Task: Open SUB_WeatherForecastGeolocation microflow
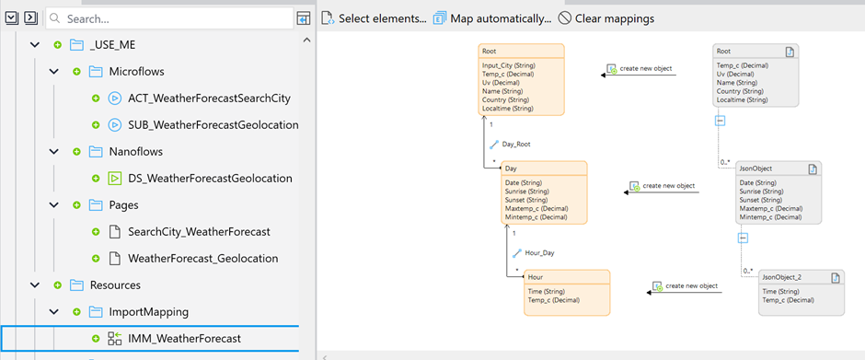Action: [x=213, y=124]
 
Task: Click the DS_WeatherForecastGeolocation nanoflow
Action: [x=208, y=178]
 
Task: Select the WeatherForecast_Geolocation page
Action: [x=202, y=258]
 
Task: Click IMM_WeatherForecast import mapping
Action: [x=184, y=339]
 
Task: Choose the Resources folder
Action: [x=115, y=285]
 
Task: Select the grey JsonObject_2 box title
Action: [x=782, y=276]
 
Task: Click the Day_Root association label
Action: [x=515, y=145]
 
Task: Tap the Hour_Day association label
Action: [x=539, y=252]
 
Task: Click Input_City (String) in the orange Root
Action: [x=509, y=66]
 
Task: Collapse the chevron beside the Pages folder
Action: [x=54, y=204]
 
